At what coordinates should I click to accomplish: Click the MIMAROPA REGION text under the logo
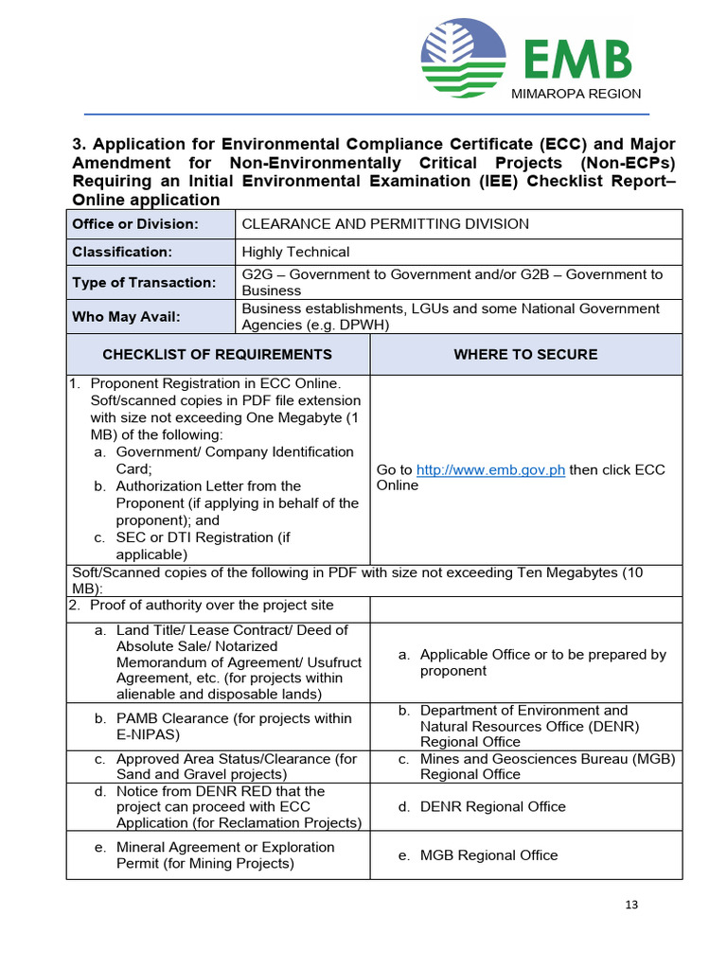pos(576,94)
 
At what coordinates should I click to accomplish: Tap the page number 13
pos(631,905)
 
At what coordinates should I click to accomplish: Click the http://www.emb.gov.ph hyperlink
pos(490,470)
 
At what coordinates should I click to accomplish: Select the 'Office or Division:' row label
pos(135,224)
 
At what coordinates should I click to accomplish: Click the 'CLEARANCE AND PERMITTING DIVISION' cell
pos(385,224)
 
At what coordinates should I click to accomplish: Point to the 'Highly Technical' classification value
pos(295,252)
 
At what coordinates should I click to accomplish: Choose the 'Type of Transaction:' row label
pos(144,282)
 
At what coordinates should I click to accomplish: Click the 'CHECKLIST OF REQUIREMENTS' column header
pos(217,354)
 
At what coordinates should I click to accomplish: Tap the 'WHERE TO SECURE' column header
pos(525,354)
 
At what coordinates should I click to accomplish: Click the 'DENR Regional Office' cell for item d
pos(492,806)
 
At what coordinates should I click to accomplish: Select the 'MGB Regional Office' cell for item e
pos(488,854)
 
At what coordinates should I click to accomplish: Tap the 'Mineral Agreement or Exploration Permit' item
pos(224,854)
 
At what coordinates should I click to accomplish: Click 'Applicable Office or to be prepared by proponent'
pos(542,662)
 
